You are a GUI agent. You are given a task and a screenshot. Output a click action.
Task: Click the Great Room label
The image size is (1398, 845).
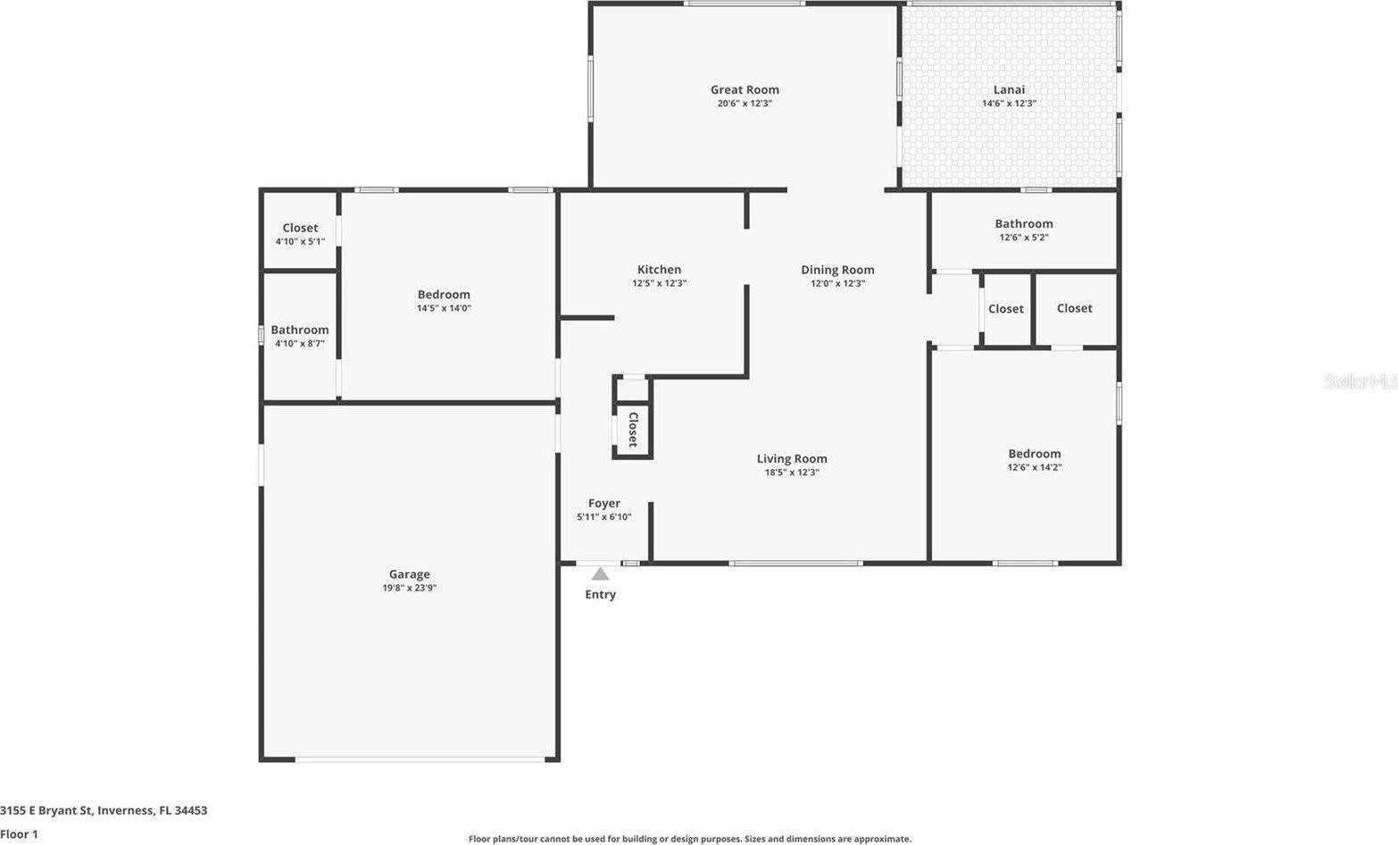coord(745,89)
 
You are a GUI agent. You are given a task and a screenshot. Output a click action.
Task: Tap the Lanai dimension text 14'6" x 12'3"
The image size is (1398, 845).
coord(1009,104)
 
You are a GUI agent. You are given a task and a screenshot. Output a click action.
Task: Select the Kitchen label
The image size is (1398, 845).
coord(659,270)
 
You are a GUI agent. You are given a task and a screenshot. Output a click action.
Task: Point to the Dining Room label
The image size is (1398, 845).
coord(837,270)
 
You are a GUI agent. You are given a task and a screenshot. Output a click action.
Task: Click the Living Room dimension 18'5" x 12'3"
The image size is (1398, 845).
coord(792,473)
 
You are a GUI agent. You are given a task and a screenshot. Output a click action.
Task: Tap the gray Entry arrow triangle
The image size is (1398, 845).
coord(600,574)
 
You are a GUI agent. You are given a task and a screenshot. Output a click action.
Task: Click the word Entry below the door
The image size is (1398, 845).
coord(600,595)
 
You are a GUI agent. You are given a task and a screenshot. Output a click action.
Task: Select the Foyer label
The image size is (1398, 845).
coord(604,504)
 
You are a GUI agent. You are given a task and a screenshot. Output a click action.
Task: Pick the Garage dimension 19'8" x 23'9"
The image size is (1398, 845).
coord(409,589)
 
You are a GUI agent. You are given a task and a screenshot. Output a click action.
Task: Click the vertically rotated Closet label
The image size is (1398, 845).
coord(633,430)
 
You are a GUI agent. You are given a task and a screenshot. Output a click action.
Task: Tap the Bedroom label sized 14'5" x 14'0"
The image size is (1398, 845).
coord(444,295)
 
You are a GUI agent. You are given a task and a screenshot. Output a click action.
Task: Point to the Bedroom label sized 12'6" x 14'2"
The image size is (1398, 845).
coord(1035,454)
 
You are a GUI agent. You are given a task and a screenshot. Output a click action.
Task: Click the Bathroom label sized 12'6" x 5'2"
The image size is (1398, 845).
coord(1024,224)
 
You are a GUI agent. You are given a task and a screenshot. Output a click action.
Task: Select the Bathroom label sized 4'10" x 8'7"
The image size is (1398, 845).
coord(300,330)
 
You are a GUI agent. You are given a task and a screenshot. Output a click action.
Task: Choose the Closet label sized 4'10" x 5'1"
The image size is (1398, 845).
coord(300,229)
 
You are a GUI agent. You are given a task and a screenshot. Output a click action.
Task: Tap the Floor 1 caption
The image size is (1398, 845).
coord(19,834)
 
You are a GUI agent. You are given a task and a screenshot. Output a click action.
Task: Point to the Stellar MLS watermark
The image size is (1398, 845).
coord(1360,381)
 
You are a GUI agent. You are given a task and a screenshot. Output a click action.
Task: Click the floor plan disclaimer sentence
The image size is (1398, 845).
coord(690,839)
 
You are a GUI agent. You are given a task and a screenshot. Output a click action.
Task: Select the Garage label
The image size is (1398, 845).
coord(409,574)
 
